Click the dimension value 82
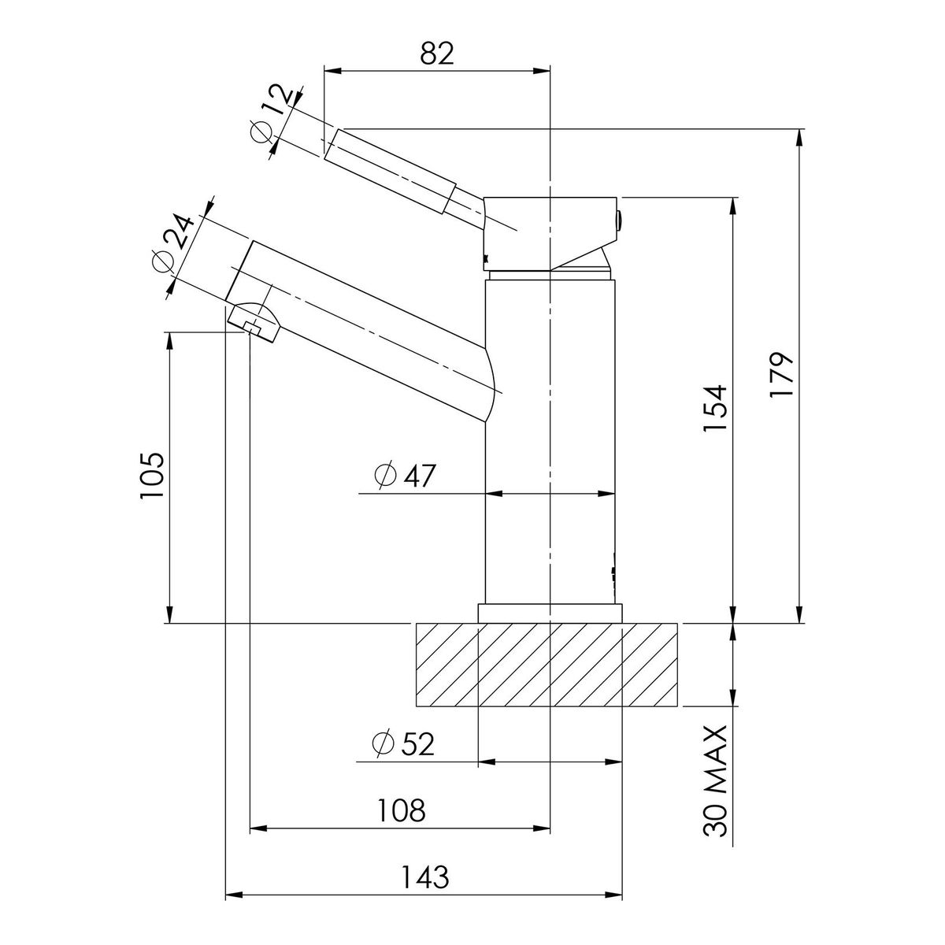coord(437,54)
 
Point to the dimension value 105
coord(151,475)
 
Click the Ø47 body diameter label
coord(405,475)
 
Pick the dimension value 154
coord(714,408)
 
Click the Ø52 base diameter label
coord(403,743)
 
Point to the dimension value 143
coord(425,876)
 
